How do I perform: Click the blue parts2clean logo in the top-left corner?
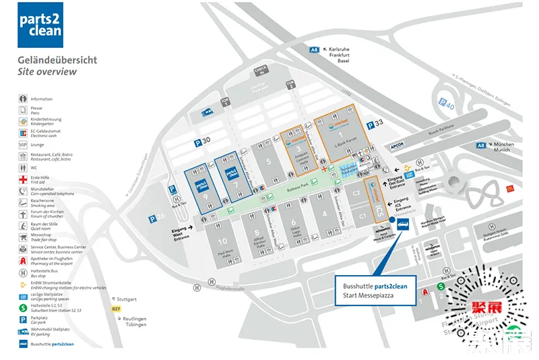tap(40, 25)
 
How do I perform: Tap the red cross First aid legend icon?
tap(23, 179)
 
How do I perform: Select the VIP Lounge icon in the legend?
tap(23, 144)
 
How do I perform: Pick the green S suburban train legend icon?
tap(23, 308)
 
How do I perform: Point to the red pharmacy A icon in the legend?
tap(23, 260)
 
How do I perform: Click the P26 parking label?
tap(156, 218)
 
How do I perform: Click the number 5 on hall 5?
tap(268, 161)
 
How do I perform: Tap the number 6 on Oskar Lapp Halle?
tap(293, 222)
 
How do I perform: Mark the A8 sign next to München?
tap(481, 145)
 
